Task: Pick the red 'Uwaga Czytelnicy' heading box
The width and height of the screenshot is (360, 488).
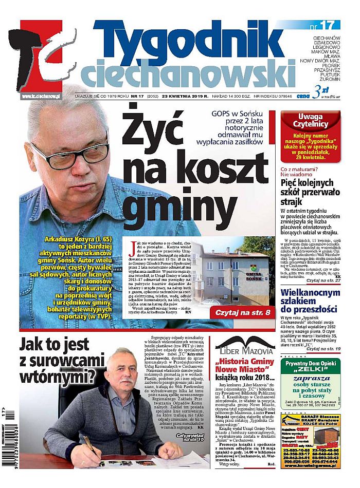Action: (x=310, y=120)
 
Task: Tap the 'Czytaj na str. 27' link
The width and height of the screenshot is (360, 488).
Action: (x=323, y=281)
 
